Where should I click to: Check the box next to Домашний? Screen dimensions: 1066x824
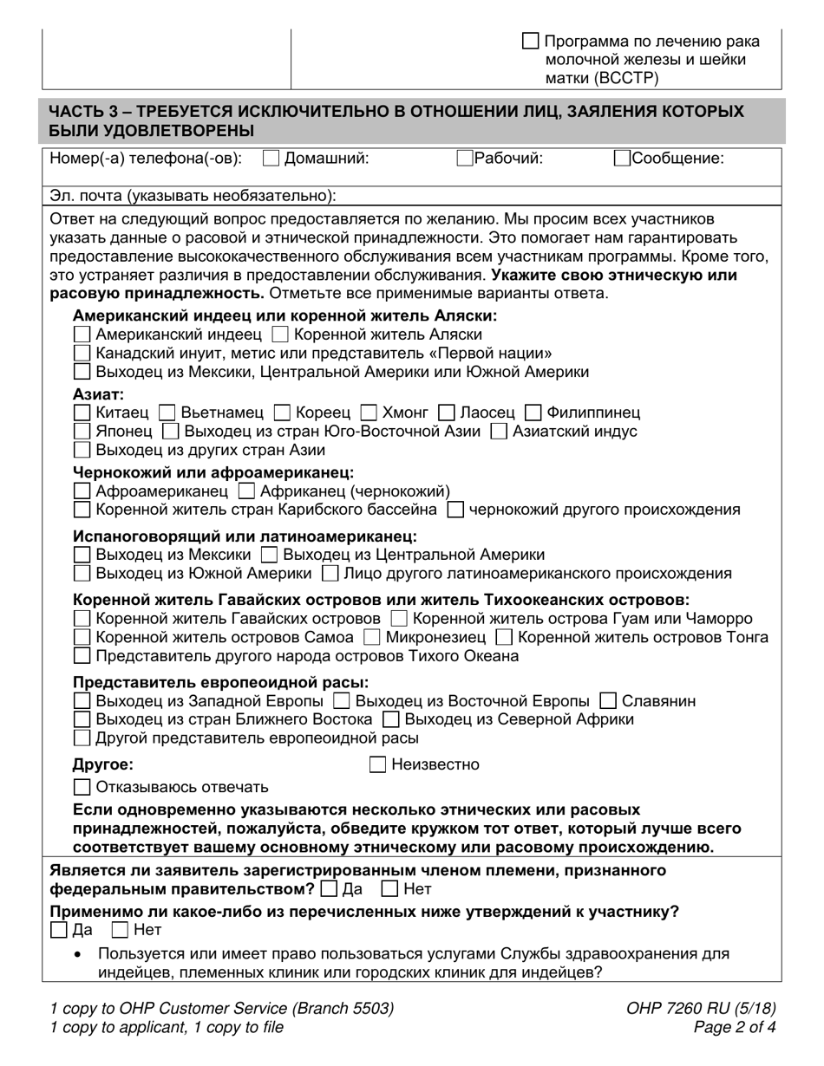(271, 159)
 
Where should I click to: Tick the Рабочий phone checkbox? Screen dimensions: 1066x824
(465, 159)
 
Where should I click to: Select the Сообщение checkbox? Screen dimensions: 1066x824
(622, 159)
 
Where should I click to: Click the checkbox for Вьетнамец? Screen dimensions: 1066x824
(170, 413)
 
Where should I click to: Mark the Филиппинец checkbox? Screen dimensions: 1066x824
(534, 413)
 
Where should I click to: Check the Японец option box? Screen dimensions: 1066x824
(82, 432)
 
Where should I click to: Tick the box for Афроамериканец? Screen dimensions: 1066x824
(82, 491)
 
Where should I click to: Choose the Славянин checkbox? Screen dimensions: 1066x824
(609, 701)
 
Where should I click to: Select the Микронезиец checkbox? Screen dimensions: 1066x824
(372, 638)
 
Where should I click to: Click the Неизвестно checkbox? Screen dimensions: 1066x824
(378, 764)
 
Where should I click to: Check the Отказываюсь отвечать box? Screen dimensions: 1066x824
(82, 788)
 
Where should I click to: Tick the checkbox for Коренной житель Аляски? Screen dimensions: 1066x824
(280, 335)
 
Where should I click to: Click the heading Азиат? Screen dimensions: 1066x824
(98, 394)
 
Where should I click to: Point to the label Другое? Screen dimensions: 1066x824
(103, 764)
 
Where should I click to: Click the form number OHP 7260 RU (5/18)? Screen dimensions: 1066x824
(700, 1009)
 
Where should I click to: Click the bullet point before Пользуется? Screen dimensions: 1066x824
(79, 954)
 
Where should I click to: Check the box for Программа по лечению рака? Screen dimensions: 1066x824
(530, 41)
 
